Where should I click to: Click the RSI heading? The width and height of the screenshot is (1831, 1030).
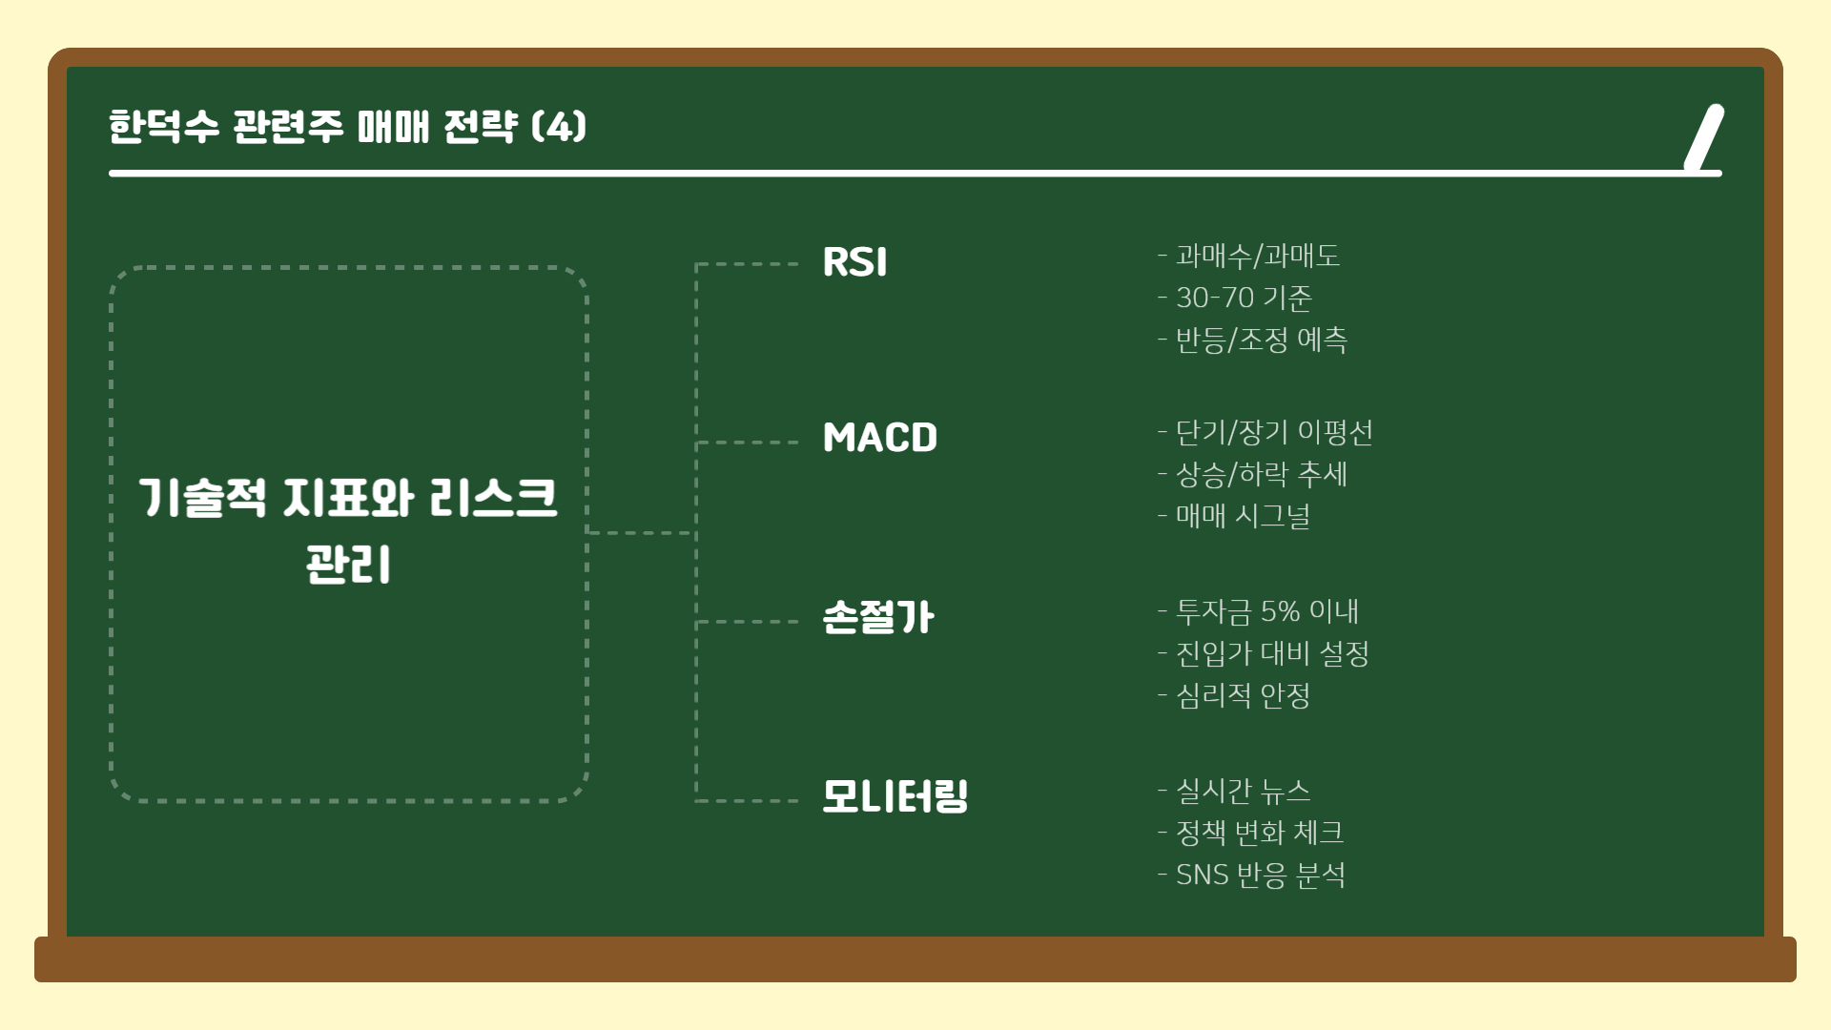coord(854,262)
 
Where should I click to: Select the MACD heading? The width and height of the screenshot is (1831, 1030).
coord(879,438)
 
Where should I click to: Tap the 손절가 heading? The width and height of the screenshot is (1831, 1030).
coord(877,617)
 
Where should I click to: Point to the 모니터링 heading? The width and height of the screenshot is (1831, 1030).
coord(895,796)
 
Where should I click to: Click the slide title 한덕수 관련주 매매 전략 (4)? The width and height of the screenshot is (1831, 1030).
coord(348,126)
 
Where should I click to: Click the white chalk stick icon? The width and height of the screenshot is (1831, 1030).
coord(1704,137)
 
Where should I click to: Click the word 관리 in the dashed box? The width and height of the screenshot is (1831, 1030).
coord(348,565)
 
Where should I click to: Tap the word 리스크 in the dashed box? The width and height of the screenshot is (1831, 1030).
coord(493,498)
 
